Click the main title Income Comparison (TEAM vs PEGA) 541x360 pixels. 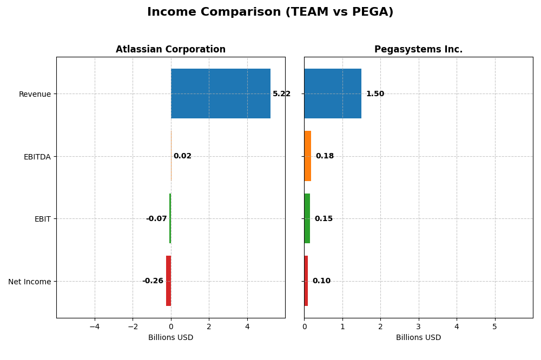(x=270, y=12)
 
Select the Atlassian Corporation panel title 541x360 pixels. (x=170, y=49)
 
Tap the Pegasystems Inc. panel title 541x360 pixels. (x=418, y=49)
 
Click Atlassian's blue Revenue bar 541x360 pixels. (x=221, y=94)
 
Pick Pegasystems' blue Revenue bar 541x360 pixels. (x=333, y=94)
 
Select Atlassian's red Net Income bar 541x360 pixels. (x=168, y=281)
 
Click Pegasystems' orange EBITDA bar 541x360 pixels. (x=307, y=156)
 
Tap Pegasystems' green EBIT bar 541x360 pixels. (x=307, y=218)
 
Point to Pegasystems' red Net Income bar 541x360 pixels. (x=306, y=281)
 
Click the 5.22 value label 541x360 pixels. (x=281, y=94)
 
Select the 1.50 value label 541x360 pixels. (x=375, y=94)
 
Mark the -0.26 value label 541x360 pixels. (x=153, y=281)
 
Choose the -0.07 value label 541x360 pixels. (x=156, y=219)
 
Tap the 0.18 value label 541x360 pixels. (x=325, y=156)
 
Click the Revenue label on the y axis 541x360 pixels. (x=35, y=94)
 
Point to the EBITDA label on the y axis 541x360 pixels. (x=37, y=157)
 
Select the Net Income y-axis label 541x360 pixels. (x=29, y=282)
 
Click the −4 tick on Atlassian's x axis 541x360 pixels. (x=94, y=326)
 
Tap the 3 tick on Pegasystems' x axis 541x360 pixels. (x=418, y=326)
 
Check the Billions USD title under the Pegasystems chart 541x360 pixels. (x=418, y=337)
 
